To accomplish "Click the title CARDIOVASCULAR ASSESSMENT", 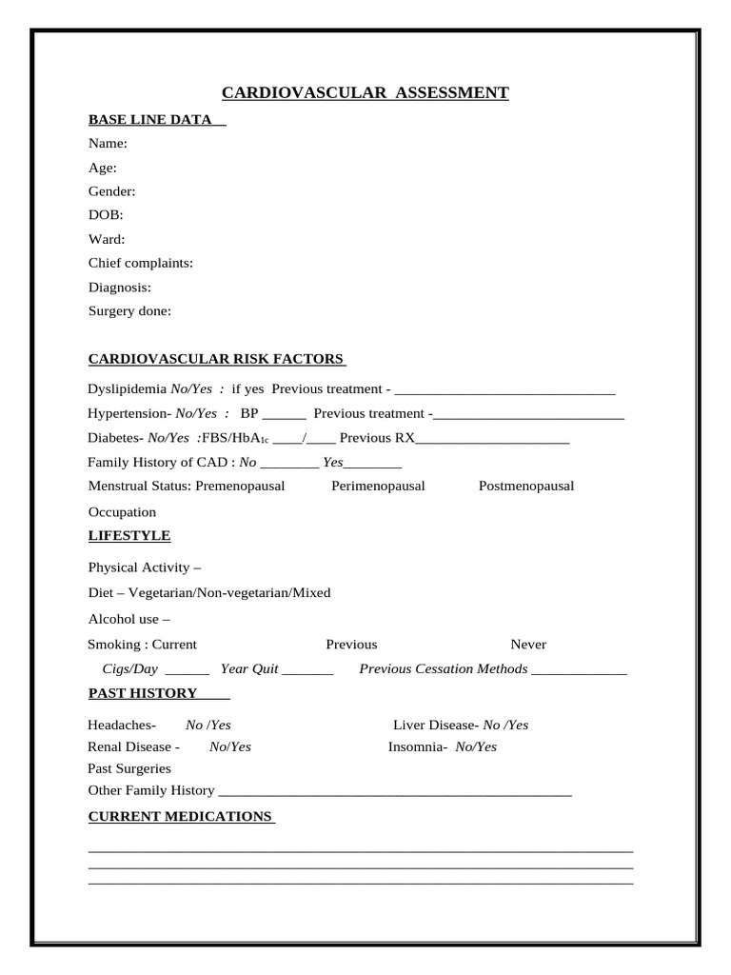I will click(x=365, y=92).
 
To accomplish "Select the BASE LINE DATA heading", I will click(x=150, y=120).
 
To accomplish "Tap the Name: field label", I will click(x=108, y=144).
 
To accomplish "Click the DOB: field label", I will click(x=106, y=215).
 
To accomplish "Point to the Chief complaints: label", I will click(x=141, y=263).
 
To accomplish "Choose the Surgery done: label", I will click(x=129, y=310).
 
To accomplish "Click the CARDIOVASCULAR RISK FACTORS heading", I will click(x=216, y=359).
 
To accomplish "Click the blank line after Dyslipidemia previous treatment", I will click(x=504, y=390).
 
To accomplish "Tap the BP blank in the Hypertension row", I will click(x=284, y=415).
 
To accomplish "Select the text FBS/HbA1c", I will click(x=236, y=438).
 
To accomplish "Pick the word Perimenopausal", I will click(x=378, y=486).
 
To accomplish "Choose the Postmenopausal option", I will click(x=526, y=486).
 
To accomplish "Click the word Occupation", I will click(x=122, y=512).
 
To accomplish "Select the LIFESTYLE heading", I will click(x=129, y=536).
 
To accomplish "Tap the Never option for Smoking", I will click(x=528, y=645).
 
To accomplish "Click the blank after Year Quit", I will click(x=307, y=670).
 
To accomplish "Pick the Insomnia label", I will click(x=417, y=746).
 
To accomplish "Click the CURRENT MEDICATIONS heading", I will click(x=180, y=817).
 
